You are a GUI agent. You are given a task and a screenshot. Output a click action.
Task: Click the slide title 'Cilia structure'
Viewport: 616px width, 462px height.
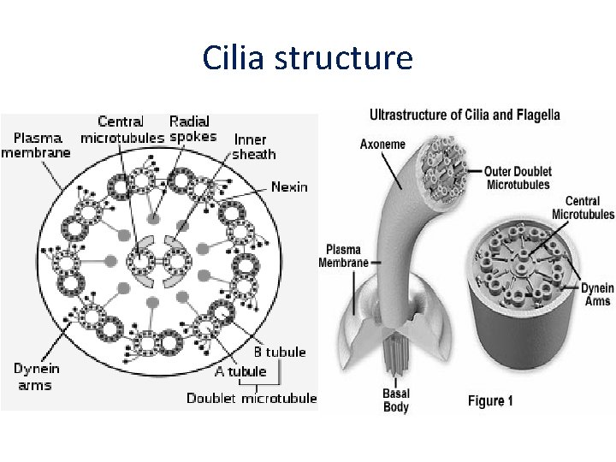[x=308, y=57]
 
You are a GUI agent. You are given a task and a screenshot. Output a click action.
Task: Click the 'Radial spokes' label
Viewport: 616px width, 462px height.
[x=190, y=129]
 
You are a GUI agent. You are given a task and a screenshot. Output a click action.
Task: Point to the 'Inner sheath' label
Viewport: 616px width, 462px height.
[x=254, y=146]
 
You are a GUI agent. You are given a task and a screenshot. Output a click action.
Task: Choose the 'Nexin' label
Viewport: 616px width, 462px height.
[x=290, y=186]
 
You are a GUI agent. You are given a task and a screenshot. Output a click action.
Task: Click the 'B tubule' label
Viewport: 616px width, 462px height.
[x=279, y=352]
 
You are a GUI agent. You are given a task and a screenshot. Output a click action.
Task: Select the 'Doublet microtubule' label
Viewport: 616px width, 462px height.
[x=252, y=398]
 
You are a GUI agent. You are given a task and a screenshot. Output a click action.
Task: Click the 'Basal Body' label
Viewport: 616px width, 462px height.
[x=396, y=400]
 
